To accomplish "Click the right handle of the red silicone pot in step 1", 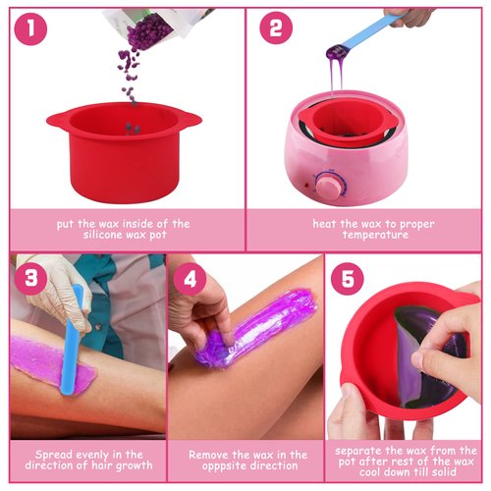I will (x=190, y=120).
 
